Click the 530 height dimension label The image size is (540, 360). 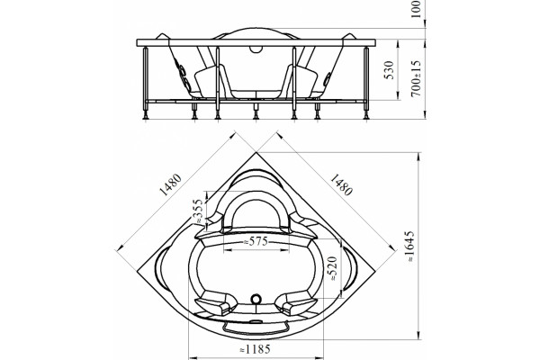click(389, 70)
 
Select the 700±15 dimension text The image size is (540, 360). click(417, 78)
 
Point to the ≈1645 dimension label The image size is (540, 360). click(409, 247)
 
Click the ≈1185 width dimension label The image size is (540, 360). click(255, 349)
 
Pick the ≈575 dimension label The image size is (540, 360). click(256, 241)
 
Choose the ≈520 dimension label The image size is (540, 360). click(333, 268)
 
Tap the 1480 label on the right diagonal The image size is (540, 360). click(341, 185)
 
